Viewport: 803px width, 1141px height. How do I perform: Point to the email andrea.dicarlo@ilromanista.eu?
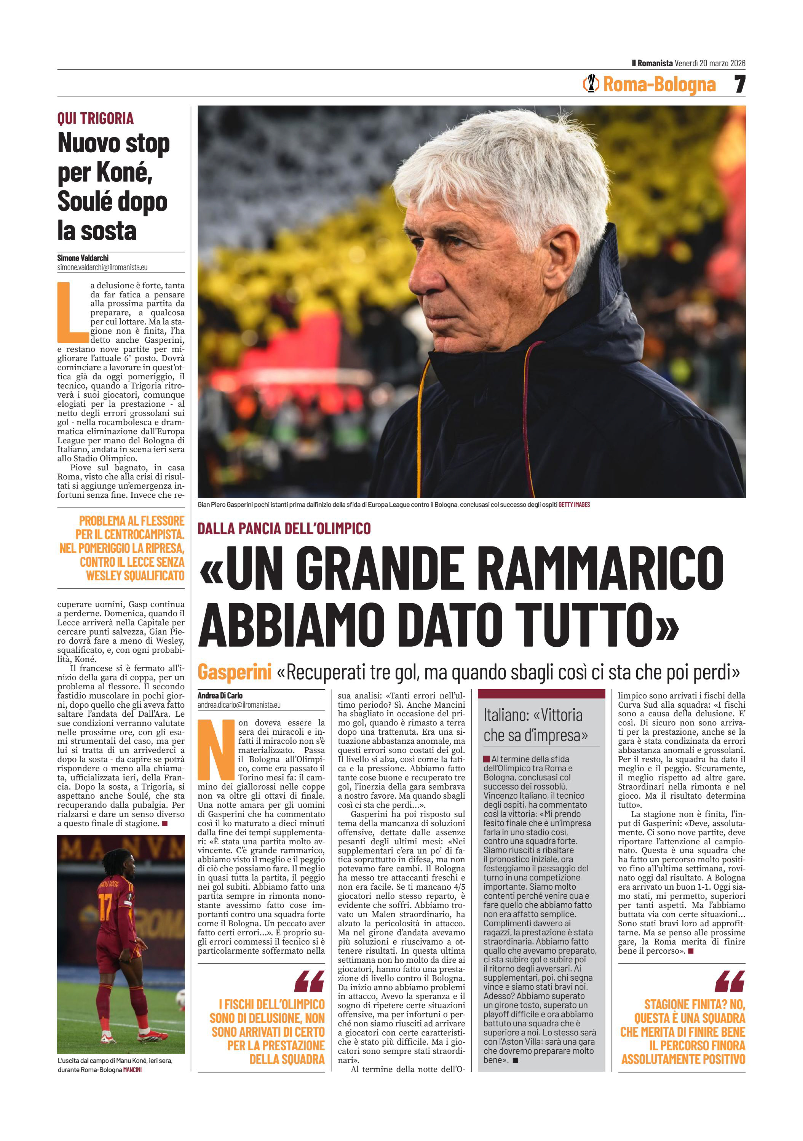[239, 705]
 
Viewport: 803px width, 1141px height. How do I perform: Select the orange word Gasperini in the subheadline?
[234, 672]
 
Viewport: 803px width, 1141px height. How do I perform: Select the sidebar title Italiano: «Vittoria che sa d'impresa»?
[535, 725]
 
